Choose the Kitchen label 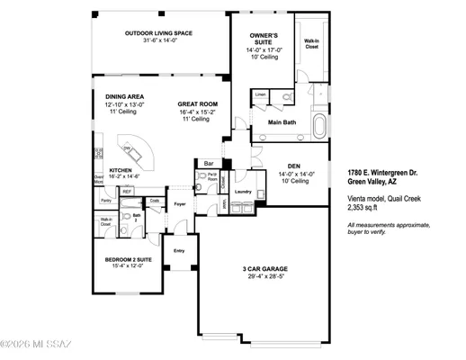(122, 169)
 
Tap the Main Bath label (282, 122)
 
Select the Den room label (293, 166)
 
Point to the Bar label (208, 164)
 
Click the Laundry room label (242, 191)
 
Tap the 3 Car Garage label (264, 269)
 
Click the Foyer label (180, 204)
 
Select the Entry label (179, 250)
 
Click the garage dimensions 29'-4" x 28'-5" (264, 276)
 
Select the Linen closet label (260, 94)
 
